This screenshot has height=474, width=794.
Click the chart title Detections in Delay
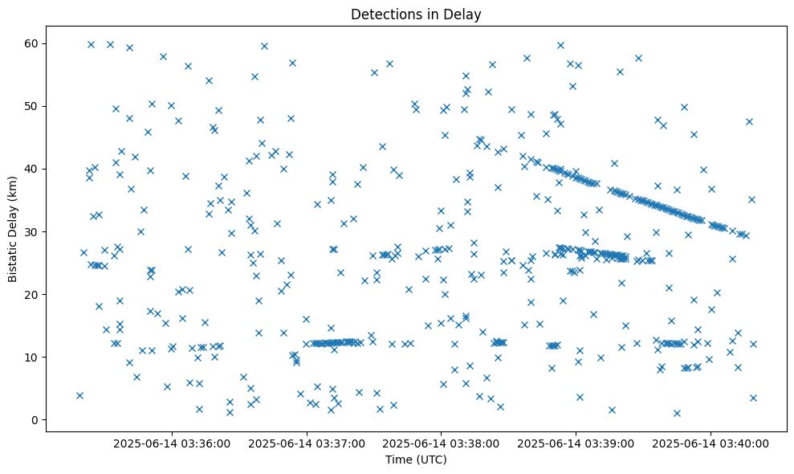pos(416,14)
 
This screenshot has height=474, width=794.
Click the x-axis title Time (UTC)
pos(416,460)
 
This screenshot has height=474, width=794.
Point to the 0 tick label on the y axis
pos(35,420)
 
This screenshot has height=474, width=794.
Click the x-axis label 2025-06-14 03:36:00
pos(172,443)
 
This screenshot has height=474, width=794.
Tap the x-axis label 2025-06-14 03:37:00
pos(307,443)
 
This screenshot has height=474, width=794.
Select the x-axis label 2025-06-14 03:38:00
pos(442,443)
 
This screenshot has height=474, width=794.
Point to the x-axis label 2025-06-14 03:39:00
pos(576,443)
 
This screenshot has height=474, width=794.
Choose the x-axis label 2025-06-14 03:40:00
pos(711,443)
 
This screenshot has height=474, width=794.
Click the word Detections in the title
pos(382,14)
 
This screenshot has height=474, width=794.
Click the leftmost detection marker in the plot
pos(79,395)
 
